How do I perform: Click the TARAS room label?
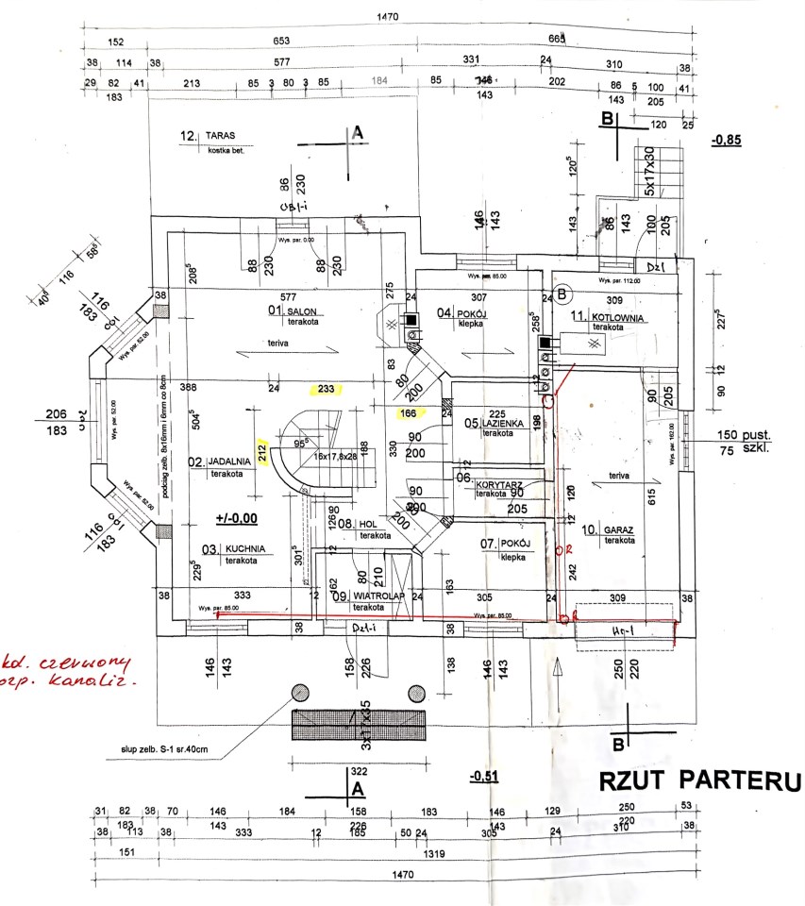coord(222,136)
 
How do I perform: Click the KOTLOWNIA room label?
coord(619,318)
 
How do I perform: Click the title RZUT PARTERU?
coord(697,781)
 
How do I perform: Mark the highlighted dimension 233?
coord(327,388)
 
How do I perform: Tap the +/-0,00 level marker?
coord(237,518)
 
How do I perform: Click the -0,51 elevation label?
coord(483,777)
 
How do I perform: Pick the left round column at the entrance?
coord(301,694)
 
